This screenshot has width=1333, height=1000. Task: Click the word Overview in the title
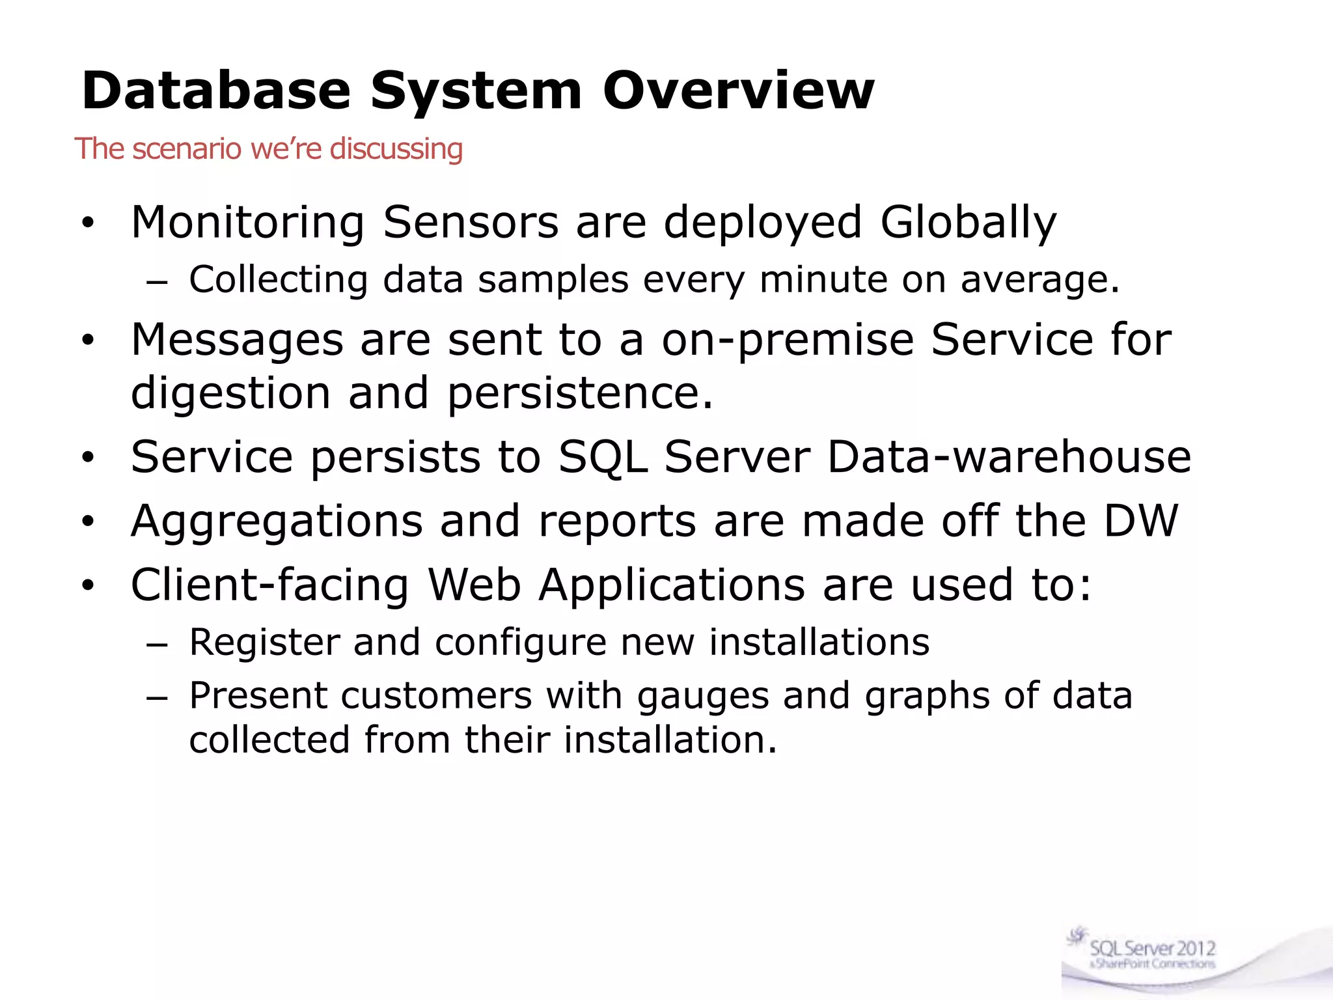tap(738, 90)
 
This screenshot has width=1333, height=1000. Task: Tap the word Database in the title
tap(216, 90)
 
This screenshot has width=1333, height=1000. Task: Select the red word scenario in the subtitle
tap(187, 148)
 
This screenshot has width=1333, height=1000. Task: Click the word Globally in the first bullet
tap(968, 223)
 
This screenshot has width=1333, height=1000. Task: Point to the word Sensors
tap(471, 223)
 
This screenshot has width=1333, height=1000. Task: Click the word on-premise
tap(788, 340)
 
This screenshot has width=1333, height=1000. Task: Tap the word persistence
tap(580, 393)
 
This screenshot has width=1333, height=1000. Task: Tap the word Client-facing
tap(270, 585)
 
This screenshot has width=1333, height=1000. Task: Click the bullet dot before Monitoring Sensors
tap(88, 224)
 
